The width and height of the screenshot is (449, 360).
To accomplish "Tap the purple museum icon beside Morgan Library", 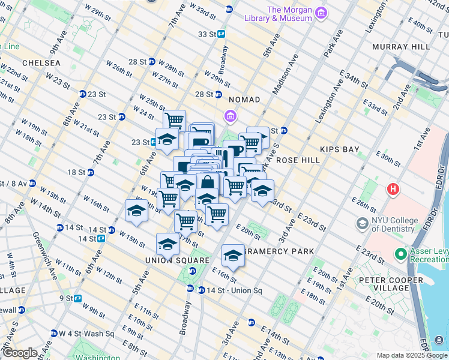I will (x=322, y=13).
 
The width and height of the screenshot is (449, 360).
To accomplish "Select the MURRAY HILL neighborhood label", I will (x=400, y=46).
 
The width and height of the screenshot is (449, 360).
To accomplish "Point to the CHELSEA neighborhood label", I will (x=41, y=63).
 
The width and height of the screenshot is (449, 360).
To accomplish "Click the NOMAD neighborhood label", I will (x=244, y=99).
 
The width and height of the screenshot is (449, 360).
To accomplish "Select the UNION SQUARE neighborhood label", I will (x=169, y=260).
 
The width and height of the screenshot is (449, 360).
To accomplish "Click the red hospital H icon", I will (x=393, y=190).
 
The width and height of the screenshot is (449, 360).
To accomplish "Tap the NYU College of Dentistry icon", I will (x=362, y=224).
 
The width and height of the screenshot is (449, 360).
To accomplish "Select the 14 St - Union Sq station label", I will (x=230, y=290).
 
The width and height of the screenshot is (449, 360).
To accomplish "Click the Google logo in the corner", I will (x=20, y=353).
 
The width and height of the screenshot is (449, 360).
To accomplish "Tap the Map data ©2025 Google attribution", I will (x=411, y=355).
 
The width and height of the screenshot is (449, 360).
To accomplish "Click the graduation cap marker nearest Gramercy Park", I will (x=232, y=255).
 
